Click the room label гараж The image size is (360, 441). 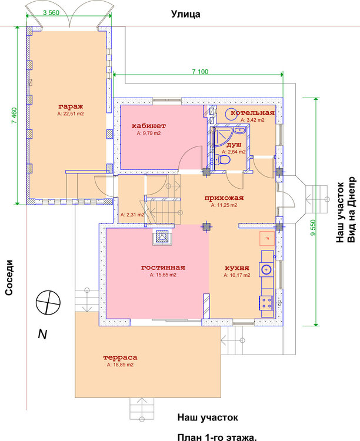[x=71, y=106]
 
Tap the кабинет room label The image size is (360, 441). [x=149, y=126]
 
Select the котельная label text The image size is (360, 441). [x=252, y=113]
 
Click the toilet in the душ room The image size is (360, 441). [x=222, y=160]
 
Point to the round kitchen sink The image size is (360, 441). [x=266, y=269]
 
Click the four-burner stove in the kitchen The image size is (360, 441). [x=266, y=303]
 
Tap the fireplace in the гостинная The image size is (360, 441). [x=162, y=237]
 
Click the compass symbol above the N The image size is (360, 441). [x=48, y=303]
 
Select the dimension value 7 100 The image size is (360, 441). [x=200, y=72]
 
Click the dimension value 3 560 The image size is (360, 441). [x=51, y=12]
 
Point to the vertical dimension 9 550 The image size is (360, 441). [x=313, y=228]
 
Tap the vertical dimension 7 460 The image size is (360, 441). [x=14, y=116]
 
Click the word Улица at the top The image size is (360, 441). [x=186, y=14]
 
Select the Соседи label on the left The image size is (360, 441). [x=9, y=278]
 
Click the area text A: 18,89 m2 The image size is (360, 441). [x=120, y=365]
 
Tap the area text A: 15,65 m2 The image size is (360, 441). [x=163, y=275]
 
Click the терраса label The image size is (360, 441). [x=120, y=358]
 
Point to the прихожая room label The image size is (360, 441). [x=224, y=198]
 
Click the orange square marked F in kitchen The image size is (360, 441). [x=267, y=239]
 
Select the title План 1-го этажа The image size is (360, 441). [x=217, y=437]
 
